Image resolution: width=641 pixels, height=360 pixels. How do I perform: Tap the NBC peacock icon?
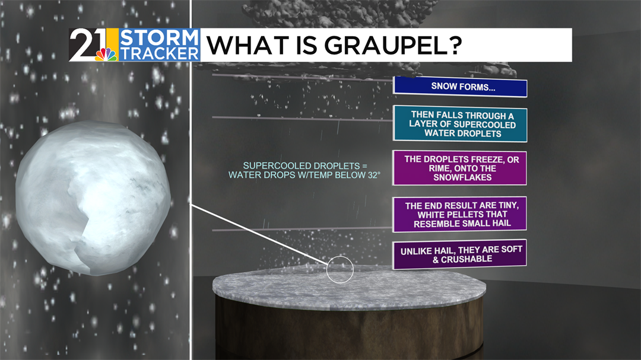106,55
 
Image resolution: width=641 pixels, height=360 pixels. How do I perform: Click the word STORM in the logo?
158,38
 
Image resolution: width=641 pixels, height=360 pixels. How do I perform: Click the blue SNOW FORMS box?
460,87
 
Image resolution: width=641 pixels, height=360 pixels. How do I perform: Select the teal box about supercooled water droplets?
460,124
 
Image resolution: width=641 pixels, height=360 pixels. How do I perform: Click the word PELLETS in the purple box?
463,215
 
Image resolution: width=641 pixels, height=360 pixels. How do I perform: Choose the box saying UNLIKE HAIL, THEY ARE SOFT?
459,254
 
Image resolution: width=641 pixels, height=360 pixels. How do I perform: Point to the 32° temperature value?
372,175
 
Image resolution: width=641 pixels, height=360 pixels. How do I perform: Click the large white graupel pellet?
93,197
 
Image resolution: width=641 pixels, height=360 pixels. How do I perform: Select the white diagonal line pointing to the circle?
261,234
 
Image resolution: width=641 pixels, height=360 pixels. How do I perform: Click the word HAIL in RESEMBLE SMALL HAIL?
500,223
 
